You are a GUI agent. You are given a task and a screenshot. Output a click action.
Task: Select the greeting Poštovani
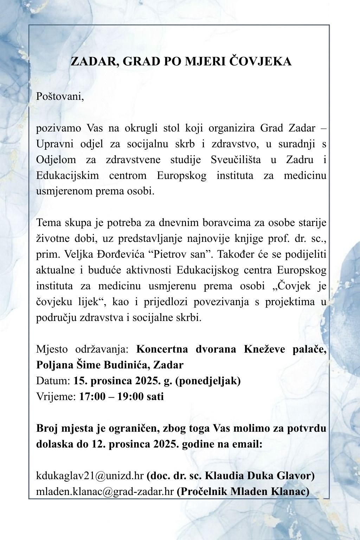[x=60, y=96]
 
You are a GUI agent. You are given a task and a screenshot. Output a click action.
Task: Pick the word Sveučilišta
[x=236, y=159]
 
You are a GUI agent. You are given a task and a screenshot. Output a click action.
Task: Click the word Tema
[x=49, y=223]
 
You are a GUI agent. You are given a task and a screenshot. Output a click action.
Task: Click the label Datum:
[x=53, y=381]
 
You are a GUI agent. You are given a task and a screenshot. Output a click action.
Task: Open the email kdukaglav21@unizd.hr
[x=90, y=476]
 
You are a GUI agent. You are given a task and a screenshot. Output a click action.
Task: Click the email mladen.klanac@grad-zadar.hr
[x=105, y=491]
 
